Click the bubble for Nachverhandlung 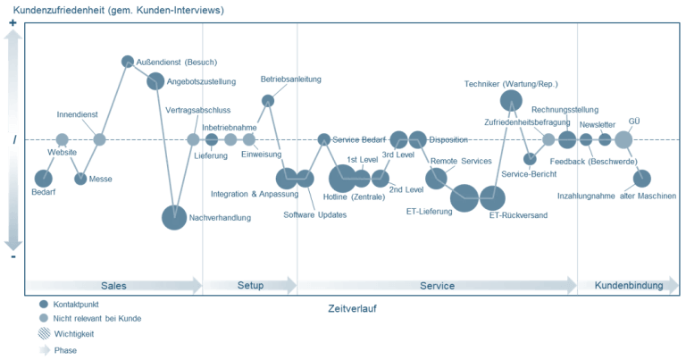[x=174, y=217]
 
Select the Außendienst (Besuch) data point [x=128, y=62]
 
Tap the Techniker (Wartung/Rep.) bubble [x=511, y=101]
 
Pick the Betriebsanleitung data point [x=268, y=101]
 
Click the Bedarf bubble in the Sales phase [x=43, y=179]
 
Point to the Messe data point [x=80, y=179]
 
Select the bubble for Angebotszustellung [x=155, y=81]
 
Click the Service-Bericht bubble [x=530, y=159]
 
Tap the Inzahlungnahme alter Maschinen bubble [x=642, y=179]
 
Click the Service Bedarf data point [x=323, y=139]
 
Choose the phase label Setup [x=250, y=285]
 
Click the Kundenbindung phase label [x=629, y=285]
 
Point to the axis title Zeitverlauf [x=352, y=308]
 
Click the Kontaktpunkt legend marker [x=43, y=304]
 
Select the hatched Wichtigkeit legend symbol [x=44, y=334]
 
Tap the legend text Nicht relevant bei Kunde [x=97, y=318]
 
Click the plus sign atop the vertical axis [x=13, y=22]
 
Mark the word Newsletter [x=598, y=125]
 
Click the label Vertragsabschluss [x=197, y=110]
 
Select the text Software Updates [x=315, y=214]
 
